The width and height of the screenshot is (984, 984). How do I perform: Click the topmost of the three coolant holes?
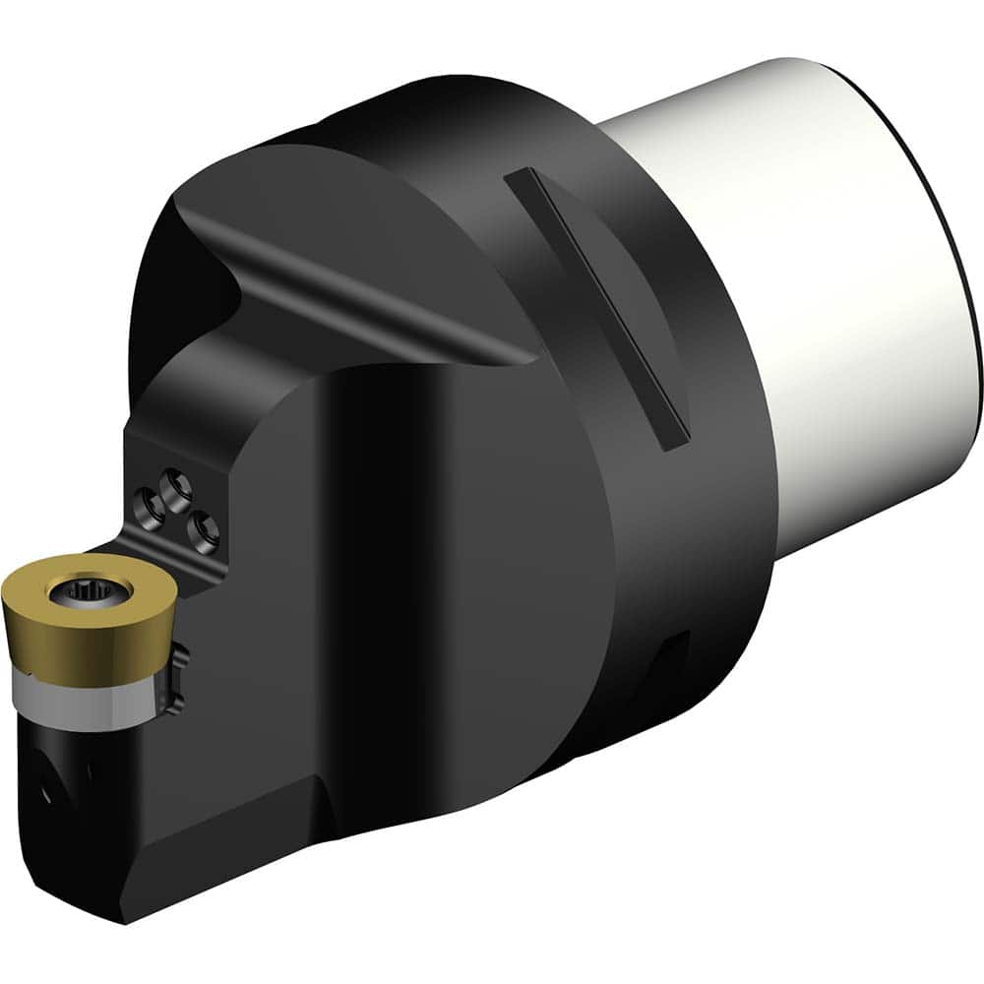coord(177,482)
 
